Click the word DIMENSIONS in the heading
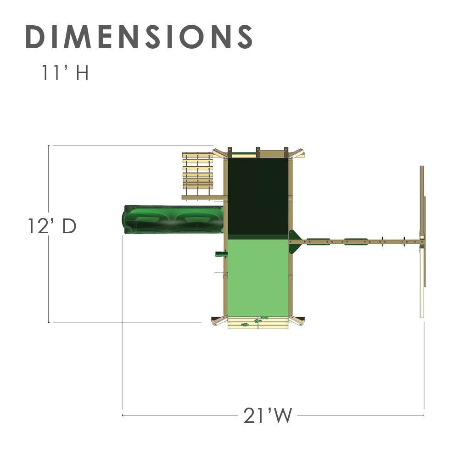pyautogui.click(x=139, y=37)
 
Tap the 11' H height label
pyautogui.click(x=65, y=73)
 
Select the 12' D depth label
pyautogui.click(x=51, y=226)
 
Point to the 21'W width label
pyautogui.click(x=268, y=416)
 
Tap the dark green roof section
pyautogui.click(x=258, y=196)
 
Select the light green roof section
pyautogui.click(x=258, y=275)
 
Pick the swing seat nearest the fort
pyautogui.click(x=319, y=241)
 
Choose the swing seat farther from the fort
pyautogui.click(x=356, y=241)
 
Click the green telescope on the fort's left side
pyautogui.click(x=221, y=253)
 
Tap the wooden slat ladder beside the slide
pyautogui.click(x=198, y=171)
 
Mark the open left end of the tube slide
pyautogui.click(x=127, y=219)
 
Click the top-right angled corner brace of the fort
pyautogui.click(x=297, y=153)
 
